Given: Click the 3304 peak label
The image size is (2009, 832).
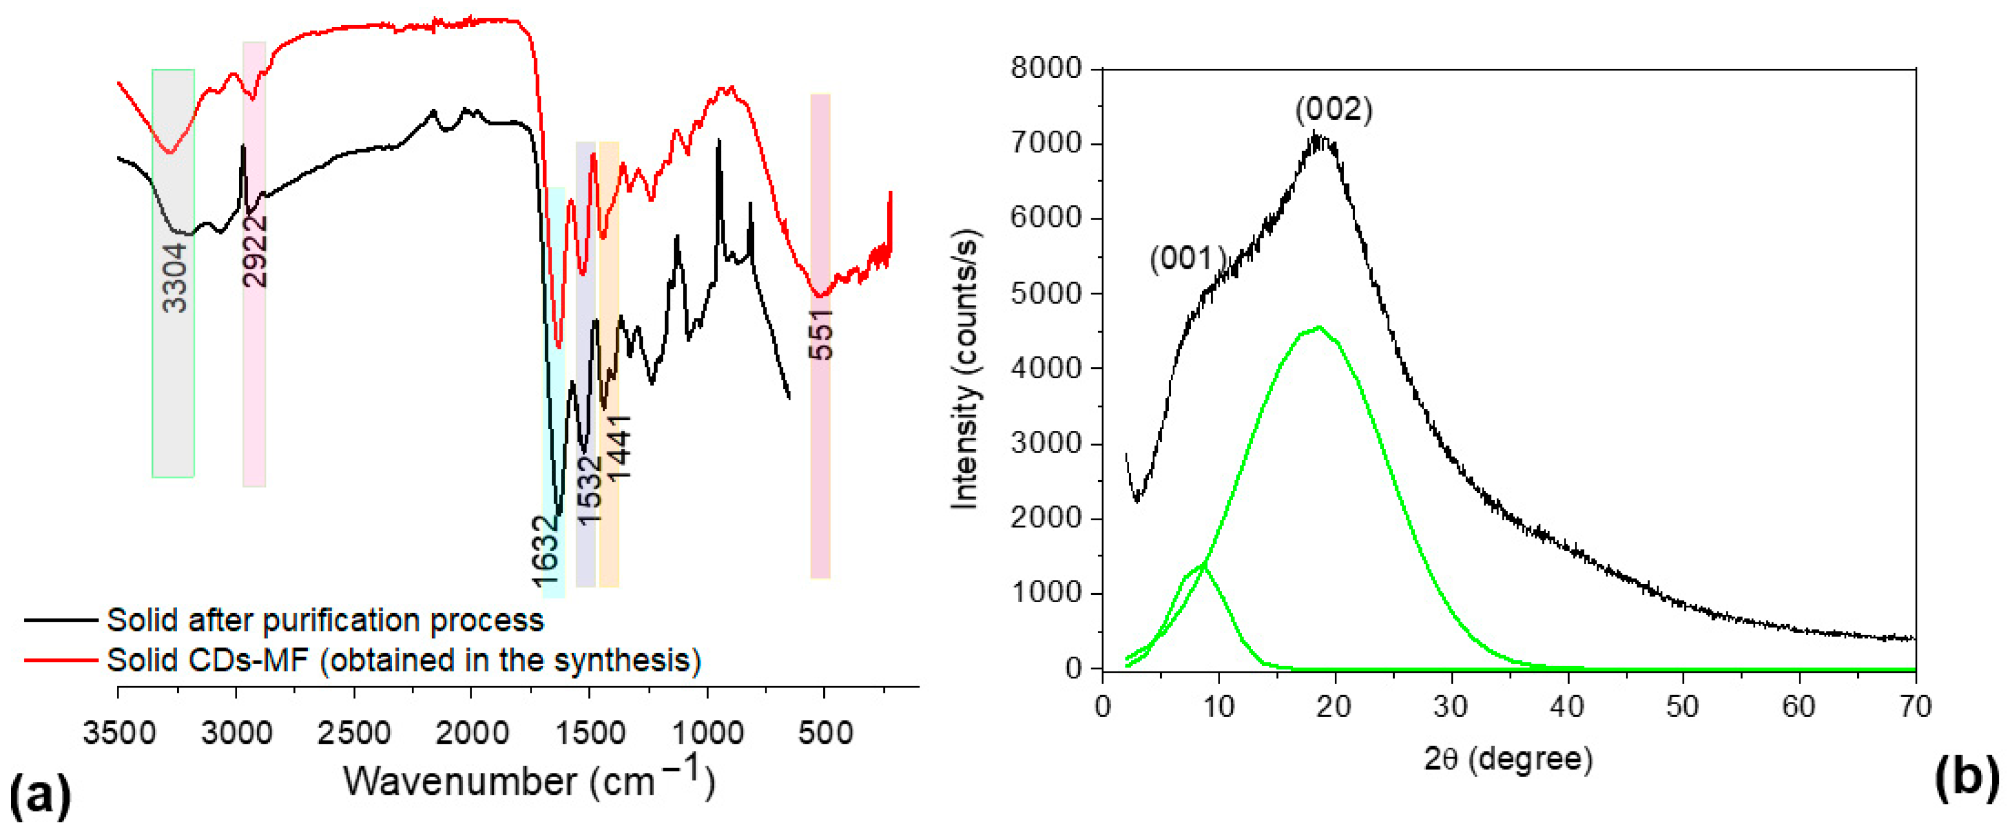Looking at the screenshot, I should click(x=175, y=277).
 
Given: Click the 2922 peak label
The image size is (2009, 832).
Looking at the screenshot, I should click(x=255, y=251).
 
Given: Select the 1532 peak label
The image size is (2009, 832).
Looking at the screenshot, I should click(x=591, y=489).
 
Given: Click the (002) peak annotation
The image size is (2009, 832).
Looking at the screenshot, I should click(x=1334, y=109).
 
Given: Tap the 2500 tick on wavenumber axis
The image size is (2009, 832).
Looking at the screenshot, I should click(x=354, y=733).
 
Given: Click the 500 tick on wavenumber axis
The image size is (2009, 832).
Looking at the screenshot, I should click(x=824, y=733).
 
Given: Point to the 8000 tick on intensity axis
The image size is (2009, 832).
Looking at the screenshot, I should click(x=1046, y=69).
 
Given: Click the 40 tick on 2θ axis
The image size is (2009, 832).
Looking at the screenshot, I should click(x=1567, y=707).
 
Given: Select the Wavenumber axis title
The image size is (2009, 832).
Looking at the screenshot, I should click(x=529, y=780).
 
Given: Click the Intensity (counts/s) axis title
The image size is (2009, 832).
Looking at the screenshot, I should click(x=965, y=370).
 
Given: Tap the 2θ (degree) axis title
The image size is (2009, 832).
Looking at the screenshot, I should click(x=1508, y=759).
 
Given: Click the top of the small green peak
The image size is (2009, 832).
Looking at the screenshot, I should click(x=1204, y=564).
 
